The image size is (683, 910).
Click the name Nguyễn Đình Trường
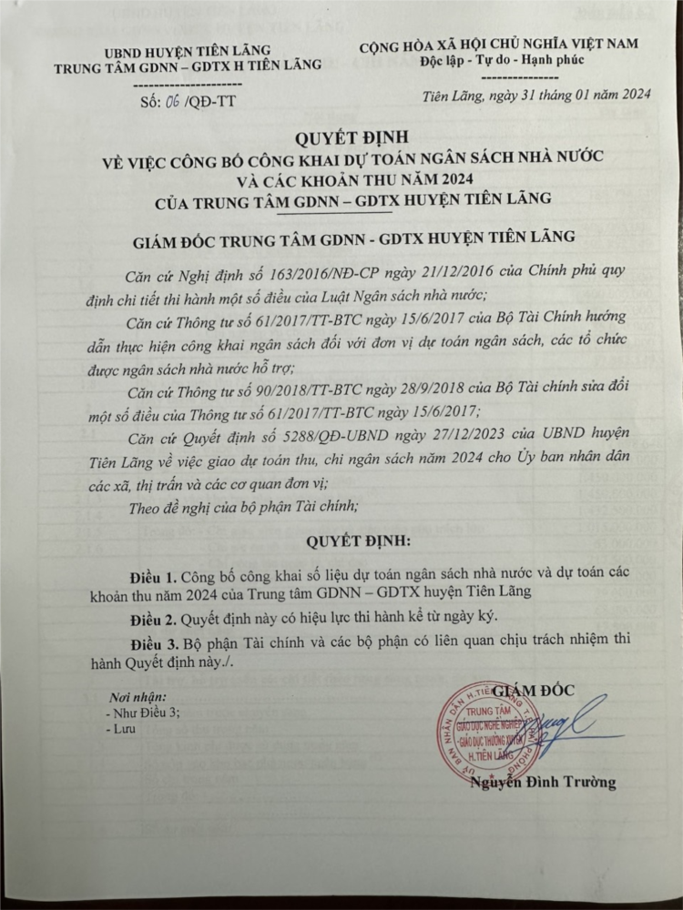[543, 782]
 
